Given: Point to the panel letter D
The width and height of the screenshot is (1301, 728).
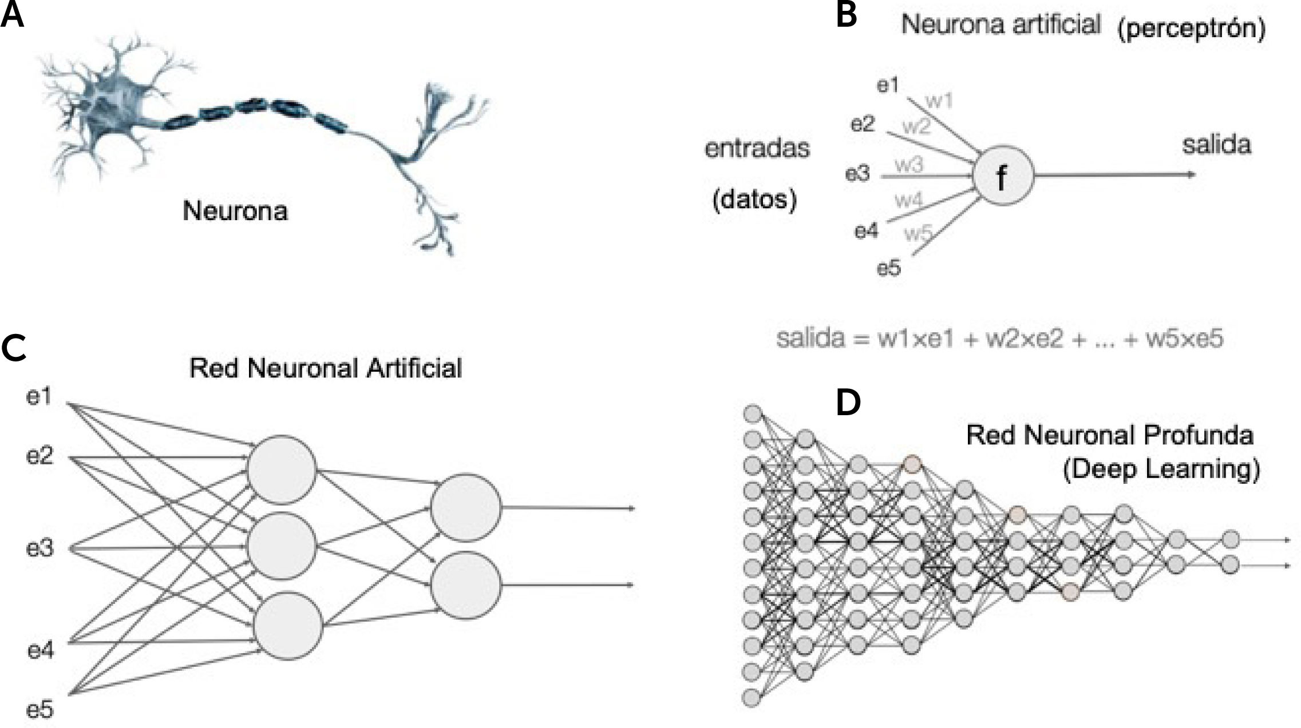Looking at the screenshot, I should tap(848, 404).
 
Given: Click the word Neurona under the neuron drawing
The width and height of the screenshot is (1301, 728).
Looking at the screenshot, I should tap(235, 212).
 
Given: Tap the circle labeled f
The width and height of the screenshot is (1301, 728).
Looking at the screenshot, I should tap(1003, 176).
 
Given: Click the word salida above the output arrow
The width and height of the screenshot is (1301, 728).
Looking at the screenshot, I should tap(1216, 145).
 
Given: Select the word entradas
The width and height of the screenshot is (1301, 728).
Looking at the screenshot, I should tap(757, 149).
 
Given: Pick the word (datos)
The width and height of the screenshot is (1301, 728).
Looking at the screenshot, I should tap(754, 200).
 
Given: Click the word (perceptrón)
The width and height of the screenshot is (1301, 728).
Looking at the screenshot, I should tap(1191, 29).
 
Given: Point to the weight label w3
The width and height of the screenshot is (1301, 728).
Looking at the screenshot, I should tap(909, 165).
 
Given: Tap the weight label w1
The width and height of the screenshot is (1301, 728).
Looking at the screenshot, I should tap(939, 101).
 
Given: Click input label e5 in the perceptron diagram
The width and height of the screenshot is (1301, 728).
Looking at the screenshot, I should tap(889, 268).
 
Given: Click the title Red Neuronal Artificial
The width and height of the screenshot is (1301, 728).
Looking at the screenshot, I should tap(325, 368).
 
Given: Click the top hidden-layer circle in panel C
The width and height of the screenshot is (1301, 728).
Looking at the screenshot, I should tap(282, 470).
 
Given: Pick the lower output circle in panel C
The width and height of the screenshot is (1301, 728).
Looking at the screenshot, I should tap(466, 585).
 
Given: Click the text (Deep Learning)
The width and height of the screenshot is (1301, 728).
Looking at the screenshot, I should tap(1161, 470).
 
